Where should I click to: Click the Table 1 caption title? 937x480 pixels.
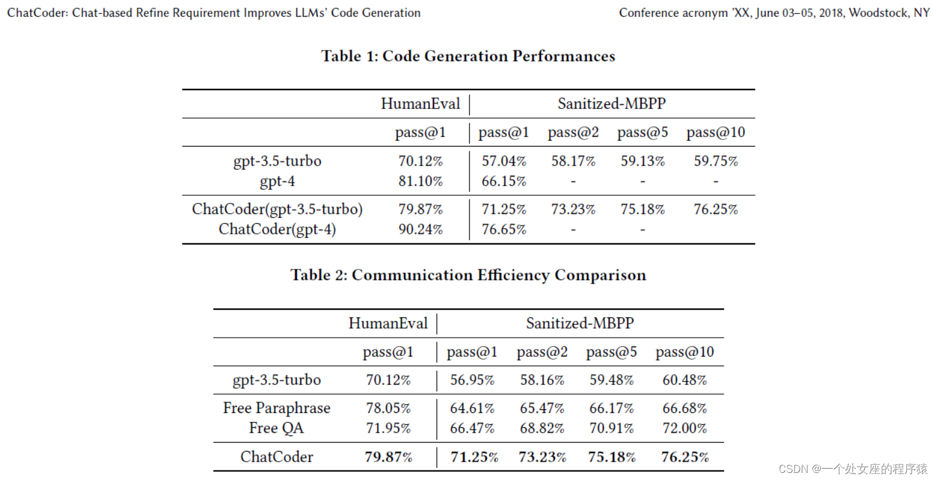point(468,56)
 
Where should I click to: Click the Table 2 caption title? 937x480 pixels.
point(468,275)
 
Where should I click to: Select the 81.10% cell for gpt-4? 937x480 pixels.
point(420,182)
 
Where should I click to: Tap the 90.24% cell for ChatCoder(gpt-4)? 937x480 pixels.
point(420,230)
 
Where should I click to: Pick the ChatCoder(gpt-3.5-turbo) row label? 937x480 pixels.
point(277,209)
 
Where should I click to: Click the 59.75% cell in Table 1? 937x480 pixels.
point(716,161)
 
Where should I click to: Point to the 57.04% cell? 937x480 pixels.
point(503,161)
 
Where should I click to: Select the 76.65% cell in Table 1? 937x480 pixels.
point(503,230)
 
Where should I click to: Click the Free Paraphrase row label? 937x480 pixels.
point(276,408)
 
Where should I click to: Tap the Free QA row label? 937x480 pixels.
point(276,428)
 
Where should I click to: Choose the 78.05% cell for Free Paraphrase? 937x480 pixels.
point(388,408)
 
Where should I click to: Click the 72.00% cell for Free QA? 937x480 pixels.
point(684,428)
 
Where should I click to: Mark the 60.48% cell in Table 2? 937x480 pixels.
point(684,380)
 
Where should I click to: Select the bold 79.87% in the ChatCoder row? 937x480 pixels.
point(388,457)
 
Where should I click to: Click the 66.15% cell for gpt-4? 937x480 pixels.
point(503,182)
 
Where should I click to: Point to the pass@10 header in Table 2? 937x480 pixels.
point(684,352)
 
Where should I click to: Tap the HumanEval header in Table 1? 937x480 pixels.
point(420,104)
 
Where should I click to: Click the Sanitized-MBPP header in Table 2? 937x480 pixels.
point(580,323)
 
